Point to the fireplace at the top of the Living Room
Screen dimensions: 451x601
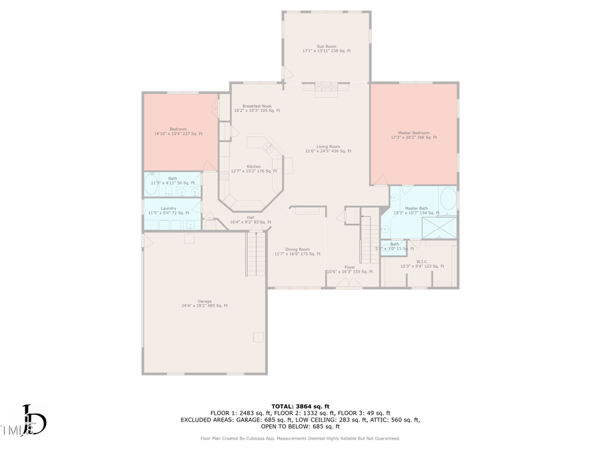(327, 86)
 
